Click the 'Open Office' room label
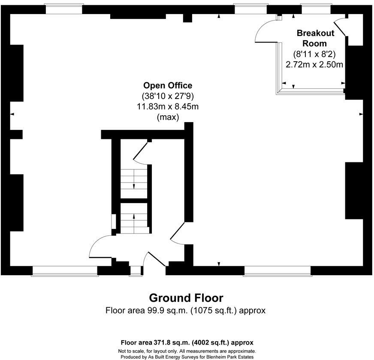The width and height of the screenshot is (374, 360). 168,85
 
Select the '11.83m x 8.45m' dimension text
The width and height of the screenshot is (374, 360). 168,106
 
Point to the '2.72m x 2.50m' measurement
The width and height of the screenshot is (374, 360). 315,65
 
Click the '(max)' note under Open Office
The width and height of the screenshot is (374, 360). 168,117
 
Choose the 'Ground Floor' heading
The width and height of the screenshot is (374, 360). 186,297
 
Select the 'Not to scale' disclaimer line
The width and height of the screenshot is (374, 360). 187,351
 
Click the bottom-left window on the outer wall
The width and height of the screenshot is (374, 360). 65,270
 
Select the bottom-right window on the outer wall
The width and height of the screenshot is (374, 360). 277,270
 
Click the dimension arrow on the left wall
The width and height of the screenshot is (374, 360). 12,114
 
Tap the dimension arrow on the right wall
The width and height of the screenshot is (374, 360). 361,114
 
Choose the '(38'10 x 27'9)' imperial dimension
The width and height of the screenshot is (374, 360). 168,96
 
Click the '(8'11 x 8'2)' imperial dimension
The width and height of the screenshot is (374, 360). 315,54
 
